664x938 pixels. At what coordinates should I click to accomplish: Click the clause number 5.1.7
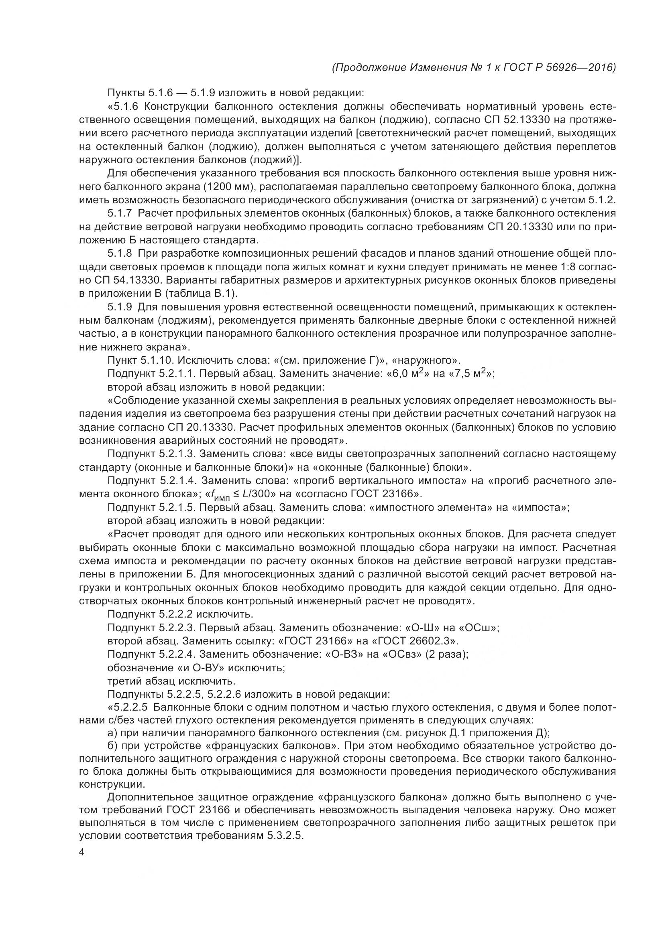(x=120, y=213)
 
